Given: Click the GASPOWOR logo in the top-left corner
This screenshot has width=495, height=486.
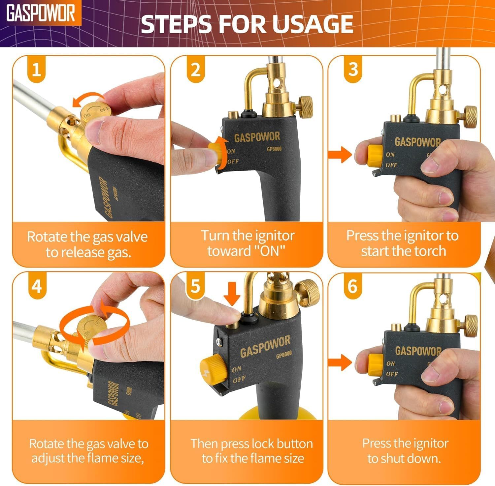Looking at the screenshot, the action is tap(41, 13).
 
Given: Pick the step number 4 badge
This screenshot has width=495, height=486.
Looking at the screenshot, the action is tap(37, 285).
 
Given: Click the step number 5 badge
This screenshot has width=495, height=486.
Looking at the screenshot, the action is tap(195, 285).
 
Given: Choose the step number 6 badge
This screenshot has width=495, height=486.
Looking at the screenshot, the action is tap(352, 285).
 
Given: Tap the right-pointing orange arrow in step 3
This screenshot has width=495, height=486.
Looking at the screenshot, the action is tap(340, 154).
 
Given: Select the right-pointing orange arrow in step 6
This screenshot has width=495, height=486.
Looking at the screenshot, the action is tap(340, 362).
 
